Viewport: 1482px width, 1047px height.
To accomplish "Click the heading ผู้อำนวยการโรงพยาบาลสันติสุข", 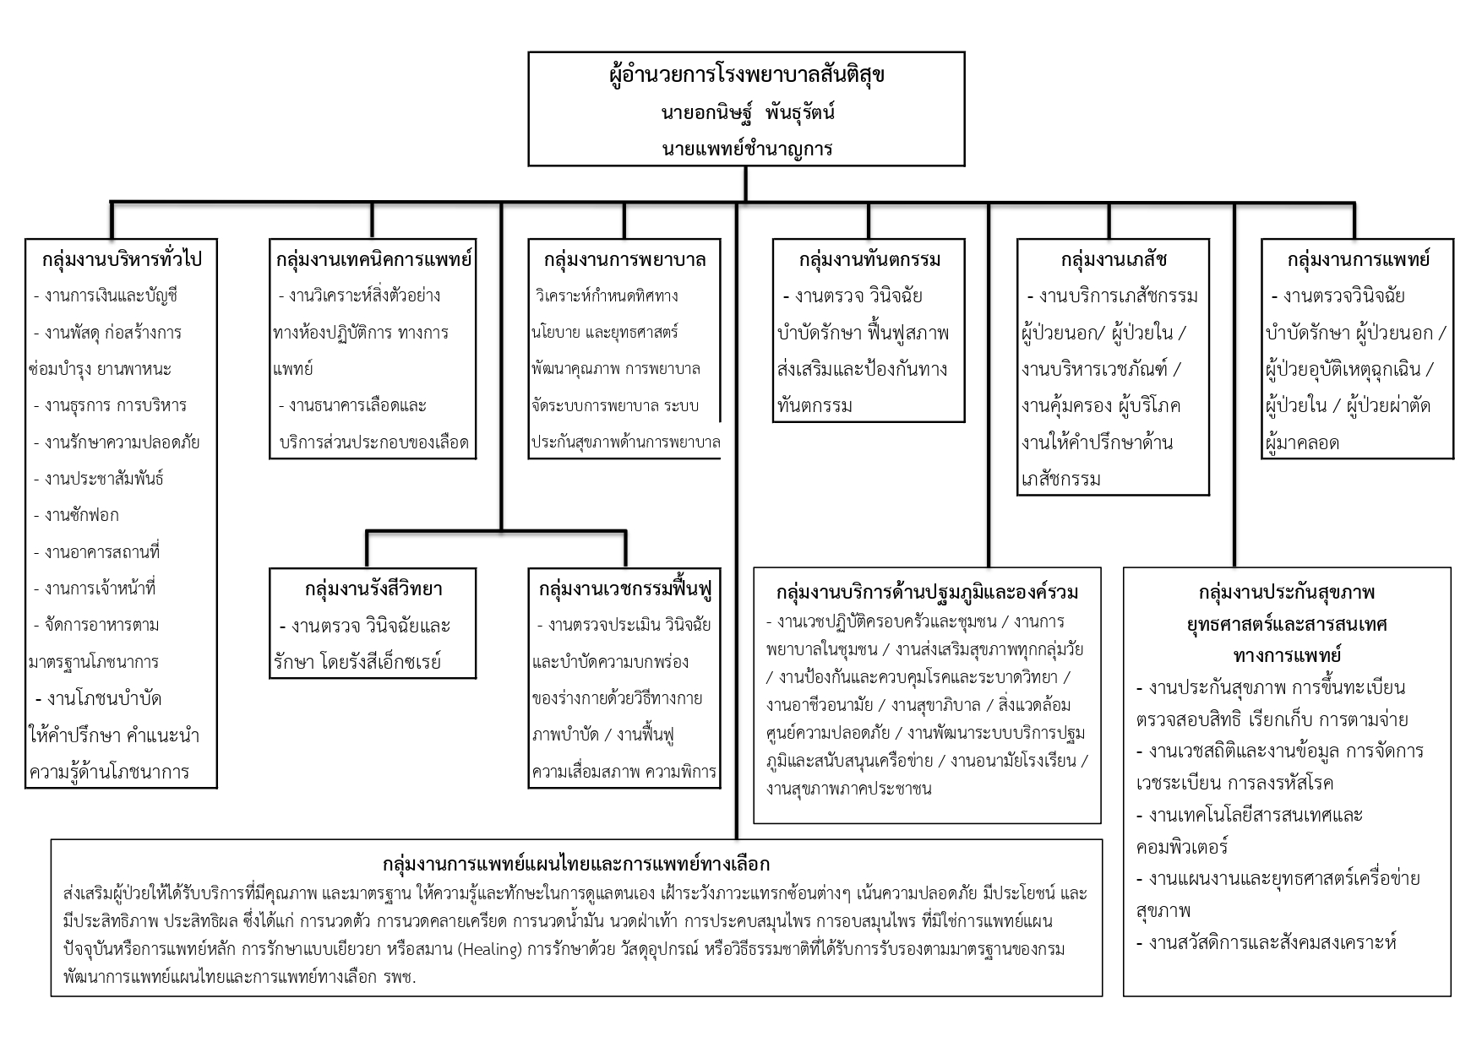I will [x=746, y=75].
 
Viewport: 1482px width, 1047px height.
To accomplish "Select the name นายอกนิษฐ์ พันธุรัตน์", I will [x=746, y=112].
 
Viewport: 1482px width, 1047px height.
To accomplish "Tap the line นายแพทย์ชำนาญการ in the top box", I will [x=746, y=149].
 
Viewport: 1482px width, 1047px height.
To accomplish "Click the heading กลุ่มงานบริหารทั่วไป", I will [x=122, y=258].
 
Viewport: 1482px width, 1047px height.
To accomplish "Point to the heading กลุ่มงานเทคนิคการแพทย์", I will [x=373, y=258].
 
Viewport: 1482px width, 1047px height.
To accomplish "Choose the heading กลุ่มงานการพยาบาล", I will [x=624, y=258].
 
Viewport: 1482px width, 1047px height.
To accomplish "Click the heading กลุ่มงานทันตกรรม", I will [x=869, y=258].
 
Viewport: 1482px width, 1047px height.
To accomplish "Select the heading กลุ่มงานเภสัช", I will [x=1113, y=258].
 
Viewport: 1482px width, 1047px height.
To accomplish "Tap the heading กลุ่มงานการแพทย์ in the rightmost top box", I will [x=1357, y=258].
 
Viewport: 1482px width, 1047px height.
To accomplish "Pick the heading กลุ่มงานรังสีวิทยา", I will [x=373, y=589].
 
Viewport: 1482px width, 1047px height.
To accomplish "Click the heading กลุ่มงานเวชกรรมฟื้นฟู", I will [x=624, y=589].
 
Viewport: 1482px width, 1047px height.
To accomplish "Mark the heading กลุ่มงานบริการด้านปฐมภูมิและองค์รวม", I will [x=927, y=592].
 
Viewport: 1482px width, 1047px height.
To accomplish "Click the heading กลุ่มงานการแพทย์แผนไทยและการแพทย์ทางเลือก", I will [x=576, y=864].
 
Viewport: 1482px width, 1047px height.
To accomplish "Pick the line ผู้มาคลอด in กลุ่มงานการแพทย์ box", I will [x=1302, y=442].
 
